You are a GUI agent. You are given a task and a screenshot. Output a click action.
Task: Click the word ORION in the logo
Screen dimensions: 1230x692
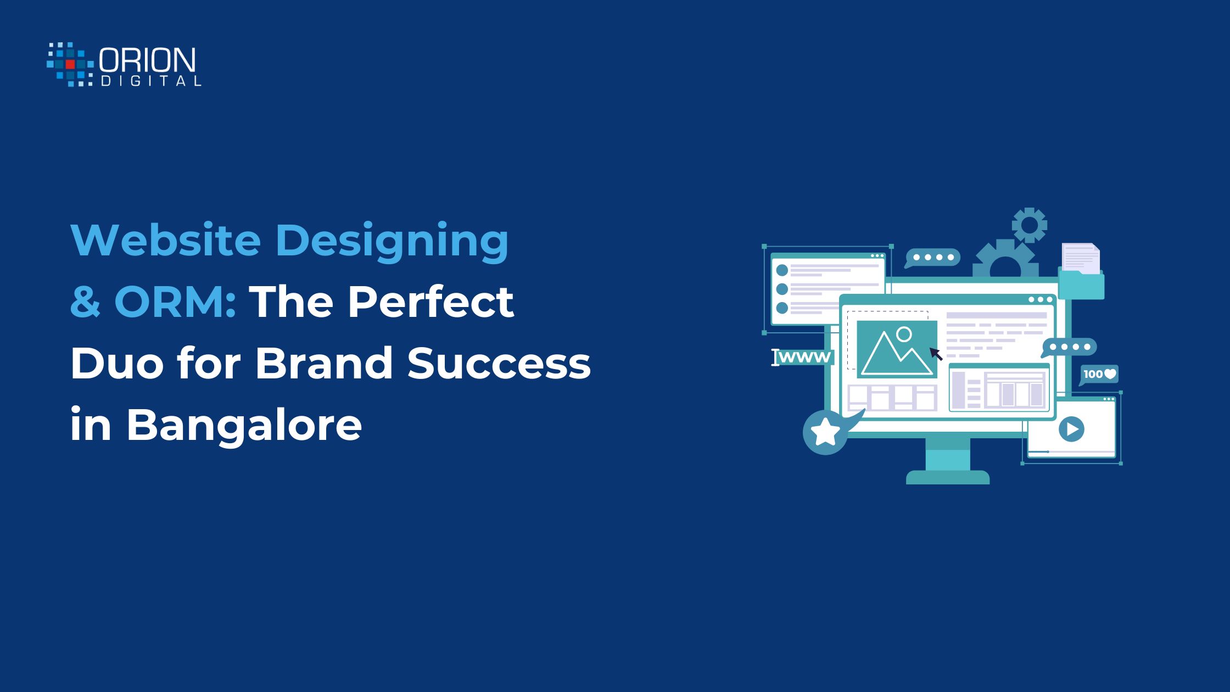pyautogui.click(x=147, y=60)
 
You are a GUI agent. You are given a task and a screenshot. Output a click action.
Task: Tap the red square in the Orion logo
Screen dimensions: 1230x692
pyautogui.click(x=70, y=64)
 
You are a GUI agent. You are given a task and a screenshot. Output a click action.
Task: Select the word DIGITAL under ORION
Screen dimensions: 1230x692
pyautogui.click(x=151, y=81)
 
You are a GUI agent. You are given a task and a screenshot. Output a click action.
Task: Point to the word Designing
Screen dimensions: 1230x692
pyautogui.click(x=392, y=243)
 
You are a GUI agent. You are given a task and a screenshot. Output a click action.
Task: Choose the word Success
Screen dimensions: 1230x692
pyautogui.click(x=499, y=363)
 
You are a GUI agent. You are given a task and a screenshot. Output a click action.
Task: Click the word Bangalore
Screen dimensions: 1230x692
pyautogui.click(x=244, y=425)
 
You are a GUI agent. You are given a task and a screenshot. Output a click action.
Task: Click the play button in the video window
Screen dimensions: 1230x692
pyautogui.click(x=1071, y=428)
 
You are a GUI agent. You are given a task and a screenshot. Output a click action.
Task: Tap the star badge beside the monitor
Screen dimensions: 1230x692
pyautogui.click(x=825, y=432)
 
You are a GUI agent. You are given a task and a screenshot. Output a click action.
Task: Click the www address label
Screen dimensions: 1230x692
pyautogui.click(x=803, y=357)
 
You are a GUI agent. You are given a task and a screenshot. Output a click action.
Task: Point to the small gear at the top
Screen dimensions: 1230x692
pyautogui.click(x=1029, y=225)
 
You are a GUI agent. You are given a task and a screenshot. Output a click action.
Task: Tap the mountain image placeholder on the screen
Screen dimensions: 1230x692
pyautogui.click(x=897, y=349)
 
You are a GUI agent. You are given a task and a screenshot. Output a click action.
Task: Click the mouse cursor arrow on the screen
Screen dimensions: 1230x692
pyautogui.click(x=936, y=354)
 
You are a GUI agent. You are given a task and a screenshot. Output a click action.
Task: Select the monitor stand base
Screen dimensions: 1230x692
pyautogui.click(x=948, y=477)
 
